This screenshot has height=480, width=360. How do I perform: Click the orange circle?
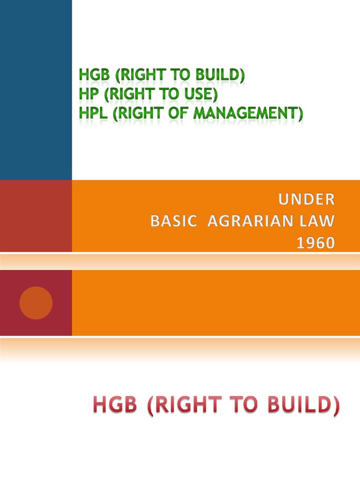(x=36, y=303)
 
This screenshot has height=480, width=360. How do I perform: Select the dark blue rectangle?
(x=36, y=89)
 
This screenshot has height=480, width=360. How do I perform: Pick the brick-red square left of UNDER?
(x=36, y=216)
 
